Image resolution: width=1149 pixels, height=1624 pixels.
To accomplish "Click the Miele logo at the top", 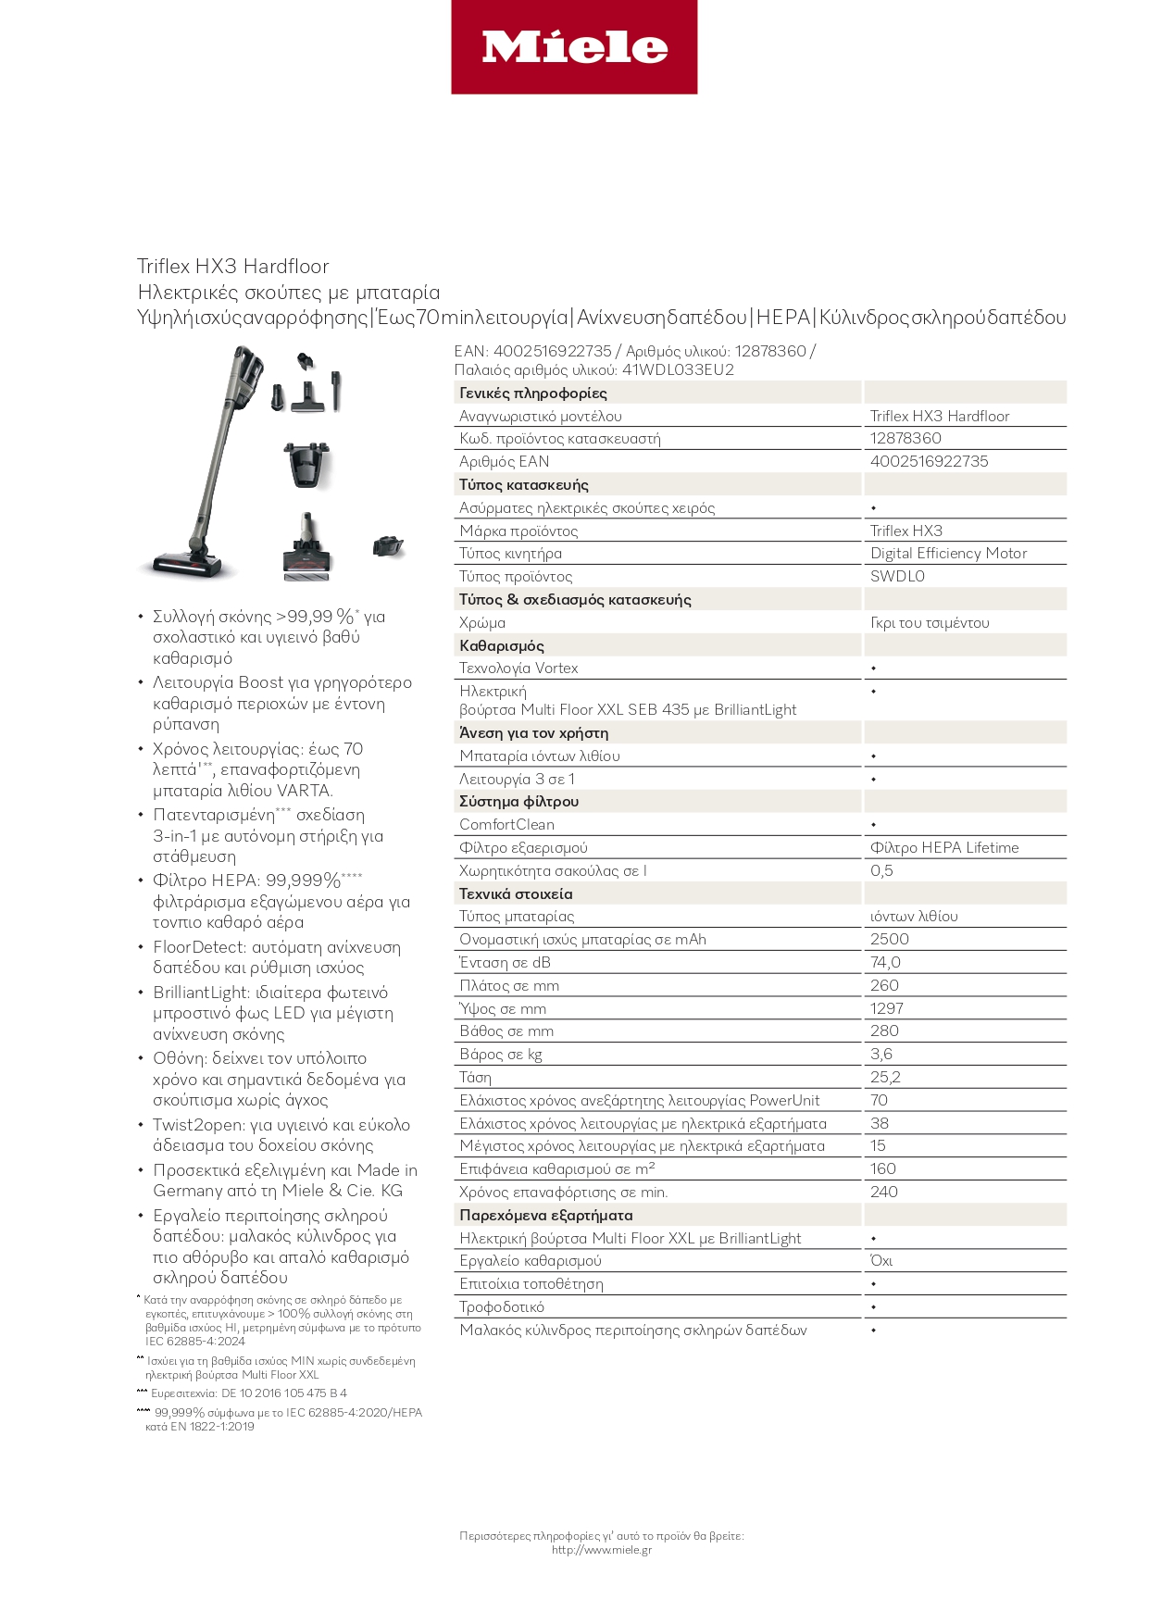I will pyautogui.click(x=574, y=47).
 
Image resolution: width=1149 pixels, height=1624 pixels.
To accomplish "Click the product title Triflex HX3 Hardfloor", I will pyautogui.click(x=232, y=267).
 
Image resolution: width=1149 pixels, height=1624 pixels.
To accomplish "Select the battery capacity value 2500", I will pyautogui.click(x=889, y=939).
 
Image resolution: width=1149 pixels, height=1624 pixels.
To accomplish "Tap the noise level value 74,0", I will pyautogui.click(x=885, y=962).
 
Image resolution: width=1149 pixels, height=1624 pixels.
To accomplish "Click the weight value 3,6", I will pyautogui.click(x=880, y=1054).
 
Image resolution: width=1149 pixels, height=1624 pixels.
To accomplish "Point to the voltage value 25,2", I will pyautogui.click(x=885, y=1077).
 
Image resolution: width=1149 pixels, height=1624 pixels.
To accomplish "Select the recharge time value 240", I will pyautogui.click(x=883, y=1192).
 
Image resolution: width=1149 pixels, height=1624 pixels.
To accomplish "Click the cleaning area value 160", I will pyautogui.click(x=882, y=1168).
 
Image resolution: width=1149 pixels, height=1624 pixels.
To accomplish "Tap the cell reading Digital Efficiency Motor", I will pyautogui.click(x=948, y=553).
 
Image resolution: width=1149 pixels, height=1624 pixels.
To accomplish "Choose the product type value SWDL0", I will pyautogui.click(x=896, y=576).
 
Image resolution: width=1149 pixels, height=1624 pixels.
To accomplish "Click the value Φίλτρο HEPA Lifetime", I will pyautogui.click(x=943, y=847).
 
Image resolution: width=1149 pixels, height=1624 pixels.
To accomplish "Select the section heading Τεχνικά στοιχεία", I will pyautogui.click(x=516, y=893).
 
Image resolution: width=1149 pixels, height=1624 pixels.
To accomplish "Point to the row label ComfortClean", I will pyautogui.click(x=506, y=824).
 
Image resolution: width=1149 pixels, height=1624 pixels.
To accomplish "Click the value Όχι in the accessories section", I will pyautogui.click(x=880, y=1260).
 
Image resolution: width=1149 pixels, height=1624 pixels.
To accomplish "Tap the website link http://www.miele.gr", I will pyautogui.click(x=601, y=1550).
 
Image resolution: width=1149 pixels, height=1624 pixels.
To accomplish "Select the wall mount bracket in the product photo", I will pyautogui.click(x=306, y=465).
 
